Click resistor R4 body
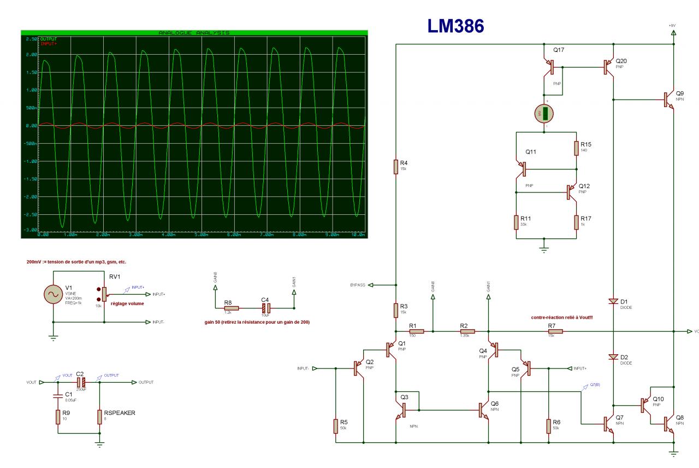coord(395,166)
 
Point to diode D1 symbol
coord(613,301)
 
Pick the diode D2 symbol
coord(613,357)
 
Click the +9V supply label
coord(672,26)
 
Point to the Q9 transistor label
coord(680,93)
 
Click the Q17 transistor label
coord(559,50)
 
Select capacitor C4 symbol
coord(264,308)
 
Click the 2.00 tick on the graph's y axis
coord(32,55)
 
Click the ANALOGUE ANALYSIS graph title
coord(194,33)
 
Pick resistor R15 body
coord(577,148)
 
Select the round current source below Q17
coord(544,113)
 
